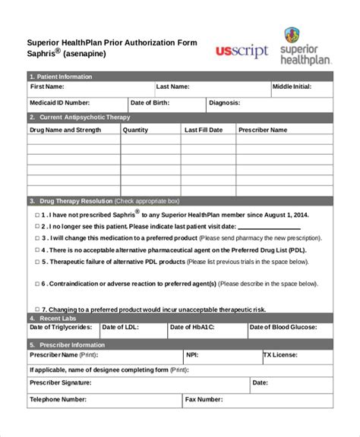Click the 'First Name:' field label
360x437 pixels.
coord(47,87)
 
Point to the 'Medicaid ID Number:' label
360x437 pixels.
coord(60,102)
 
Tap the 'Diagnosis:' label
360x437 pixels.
coord(225,102)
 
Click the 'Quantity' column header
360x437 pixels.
coord(135,130)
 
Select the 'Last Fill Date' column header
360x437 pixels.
coord(204,130)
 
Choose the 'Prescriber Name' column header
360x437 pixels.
coord(263,130)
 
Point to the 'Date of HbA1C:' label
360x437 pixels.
coord(192,327)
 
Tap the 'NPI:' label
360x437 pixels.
coord(192,354)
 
